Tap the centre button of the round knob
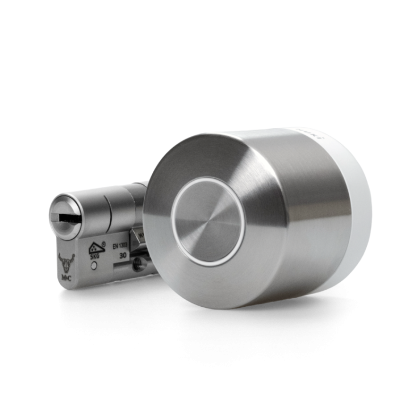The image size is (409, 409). (207, 223)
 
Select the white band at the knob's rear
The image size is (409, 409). (357, 216)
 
